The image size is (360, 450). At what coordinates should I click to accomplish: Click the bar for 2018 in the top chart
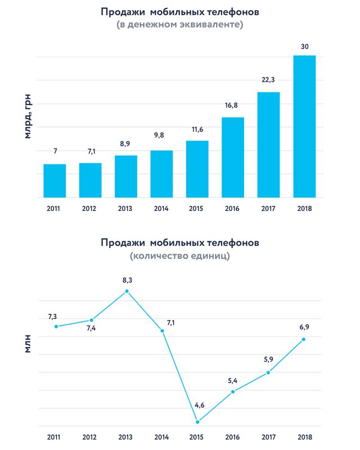coord(304,127)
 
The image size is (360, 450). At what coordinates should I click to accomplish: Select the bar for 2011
coord(55,181)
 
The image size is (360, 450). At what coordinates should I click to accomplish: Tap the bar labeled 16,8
coord(233,157)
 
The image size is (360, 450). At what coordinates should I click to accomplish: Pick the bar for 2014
coord(161,174)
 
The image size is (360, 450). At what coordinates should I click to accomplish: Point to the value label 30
coord(304,46)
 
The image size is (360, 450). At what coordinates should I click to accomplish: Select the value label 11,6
coord(197,130)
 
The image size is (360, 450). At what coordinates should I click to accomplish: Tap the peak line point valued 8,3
coord(127,291)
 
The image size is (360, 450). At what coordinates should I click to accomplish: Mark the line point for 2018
coord(304,339)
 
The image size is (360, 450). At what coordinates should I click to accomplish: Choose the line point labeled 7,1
coord(163,331)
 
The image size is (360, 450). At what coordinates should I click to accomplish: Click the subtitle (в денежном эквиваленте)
coord(180,25)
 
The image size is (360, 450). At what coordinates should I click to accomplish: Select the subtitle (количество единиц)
coord(180,256)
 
